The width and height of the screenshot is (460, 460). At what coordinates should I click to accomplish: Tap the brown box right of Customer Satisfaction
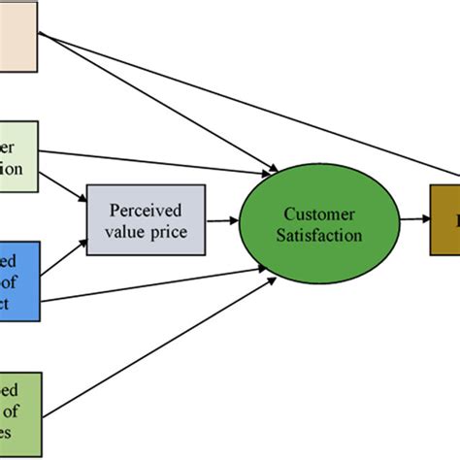(x=445, y=220)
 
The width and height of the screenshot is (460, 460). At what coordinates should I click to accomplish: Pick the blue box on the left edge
(x=19, y=280)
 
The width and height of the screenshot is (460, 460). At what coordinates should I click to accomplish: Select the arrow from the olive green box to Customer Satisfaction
(x=155, y=336)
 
